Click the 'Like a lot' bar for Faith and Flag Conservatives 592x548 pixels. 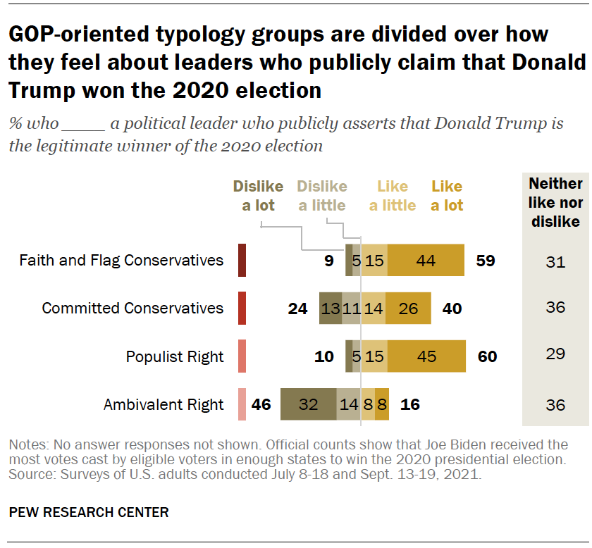(426, 260)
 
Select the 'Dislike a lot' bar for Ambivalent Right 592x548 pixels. (308, 404)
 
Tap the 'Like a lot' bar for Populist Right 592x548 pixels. (426, 356)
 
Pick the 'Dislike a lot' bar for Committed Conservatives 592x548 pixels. (330, 308)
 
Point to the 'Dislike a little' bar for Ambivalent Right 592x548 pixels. (348, 404)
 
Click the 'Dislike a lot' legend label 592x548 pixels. (259, 196)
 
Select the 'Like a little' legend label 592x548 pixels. (393, 196)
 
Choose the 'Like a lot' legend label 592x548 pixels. (447, 196)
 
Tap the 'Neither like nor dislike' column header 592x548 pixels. (555, 202)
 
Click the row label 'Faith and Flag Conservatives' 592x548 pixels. (121, 261)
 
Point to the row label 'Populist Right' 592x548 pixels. (175, 356)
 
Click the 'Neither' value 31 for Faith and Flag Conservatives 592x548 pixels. (555, 261)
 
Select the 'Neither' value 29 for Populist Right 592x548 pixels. (555, 354)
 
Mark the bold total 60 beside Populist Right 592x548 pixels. (487, 356)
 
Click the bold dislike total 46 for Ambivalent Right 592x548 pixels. (261, 405)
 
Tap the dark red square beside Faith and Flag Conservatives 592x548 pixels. (242, 260)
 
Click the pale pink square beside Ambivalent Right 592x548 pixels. (242, 404)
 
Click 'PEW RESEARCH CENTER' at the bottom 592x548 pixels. (89, 512)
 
